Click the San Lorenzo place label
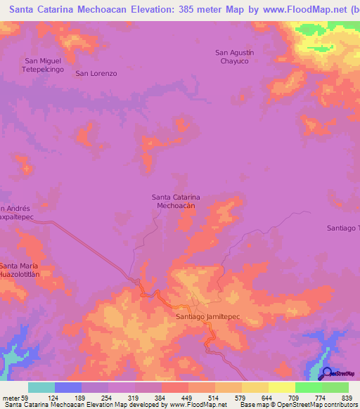click(x=96, y=73)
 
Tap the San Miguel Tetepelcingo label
click(x=45, y=66)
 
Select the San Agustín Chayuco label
click(x=234, y=57)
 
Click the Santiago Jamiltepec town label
click(x=207, y=317)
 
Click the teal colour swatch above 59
click(x=41, y=387)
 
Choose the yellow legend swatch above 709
click(x=281, y=387)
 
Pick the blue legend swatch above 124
click(x=68, y=387)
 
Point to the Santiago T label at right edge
click(x=343, y=228)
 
